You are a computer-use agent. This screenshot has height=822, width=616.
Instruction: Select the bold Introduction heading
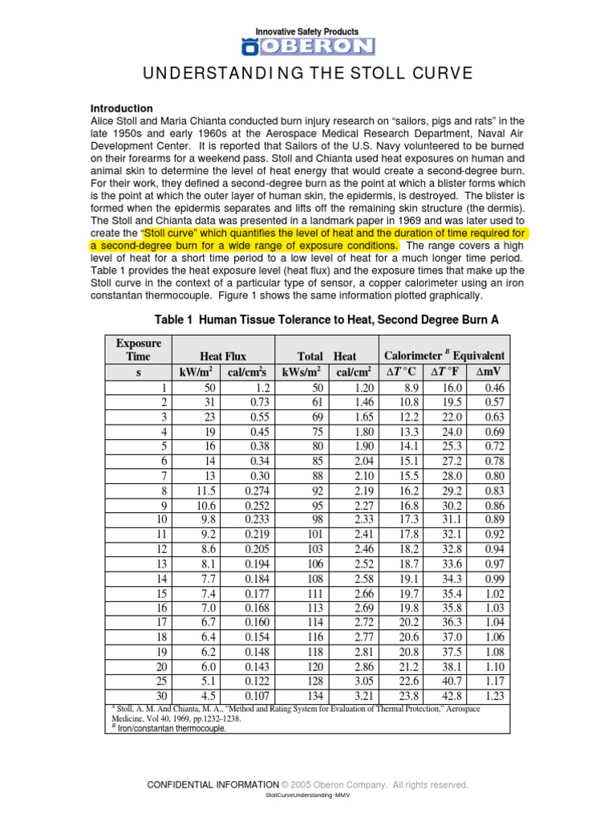121,108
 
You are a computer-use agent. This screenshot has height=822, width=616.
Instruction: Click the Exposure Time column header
138,349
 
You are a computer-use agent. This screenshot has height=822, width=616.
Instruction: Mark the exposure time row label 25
160,682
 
